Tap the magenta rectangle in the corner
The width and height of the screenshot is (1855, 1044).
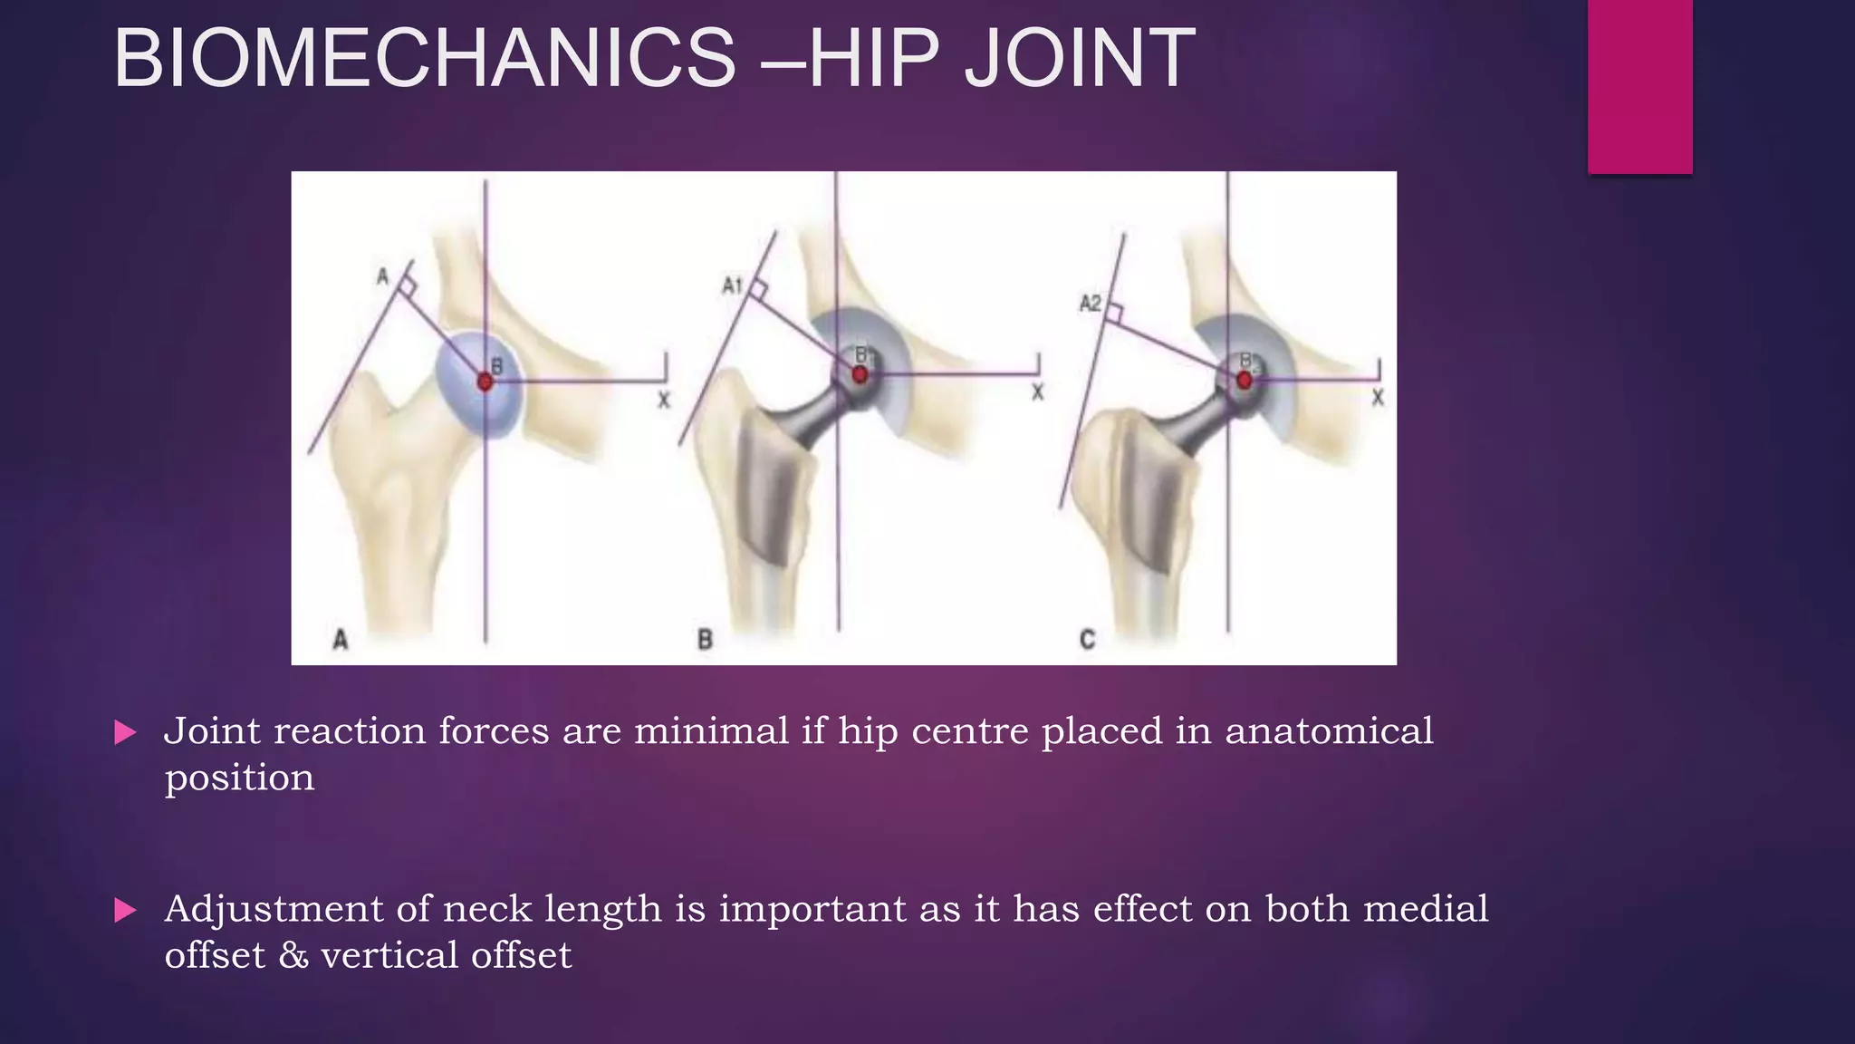[x=1639, y=86]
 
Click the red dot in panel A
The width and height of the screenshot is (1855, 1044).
[x=485, y=382]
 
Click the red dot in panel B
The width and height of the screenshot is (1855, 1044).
[x=860, y=374]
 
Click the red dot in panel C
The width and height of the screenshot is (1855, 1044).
[x=1245, y=380]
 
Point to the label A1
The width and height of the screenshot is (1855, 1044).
[x=732, y=286]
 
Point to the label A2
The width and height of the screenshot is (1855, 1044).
[x=1091, y=303]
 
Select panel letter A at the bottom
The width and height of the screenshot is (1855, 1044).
[x=341, y=640]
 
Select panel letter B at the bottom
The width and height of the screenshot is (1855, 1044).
[x=705, y=640]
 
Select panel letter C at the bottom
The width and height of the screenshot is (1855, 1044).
[x=1088, y=640]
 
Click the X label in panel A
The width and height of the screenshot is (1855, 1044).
[x=664, y=400]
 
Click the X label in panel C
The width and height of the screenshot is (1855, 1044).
[x=1378, y=397]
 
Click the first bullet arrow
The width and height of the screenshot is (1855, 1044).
[x=126, y=732]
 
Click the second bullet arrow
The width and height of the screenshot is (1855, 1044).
[x=126, y=910]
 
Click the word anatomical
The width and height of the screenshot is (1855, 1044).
[x=1329, y=731]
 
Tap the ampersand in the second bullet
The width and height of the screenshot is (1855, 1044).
[x=293, y=956]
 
